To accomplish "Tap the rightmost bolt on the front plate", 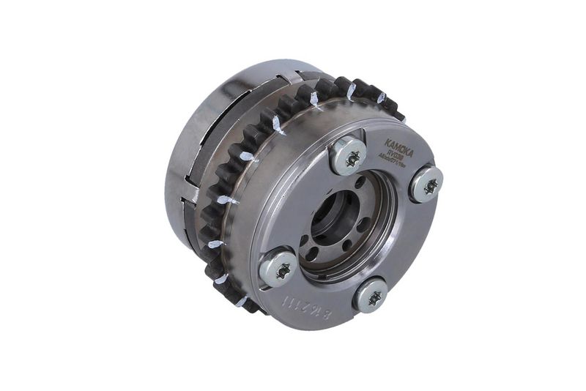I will pos(426,184).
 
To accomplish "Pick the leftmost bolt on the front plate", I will pos(279,267).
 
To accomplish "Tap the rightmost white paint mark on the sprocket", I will pos(381,97).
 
